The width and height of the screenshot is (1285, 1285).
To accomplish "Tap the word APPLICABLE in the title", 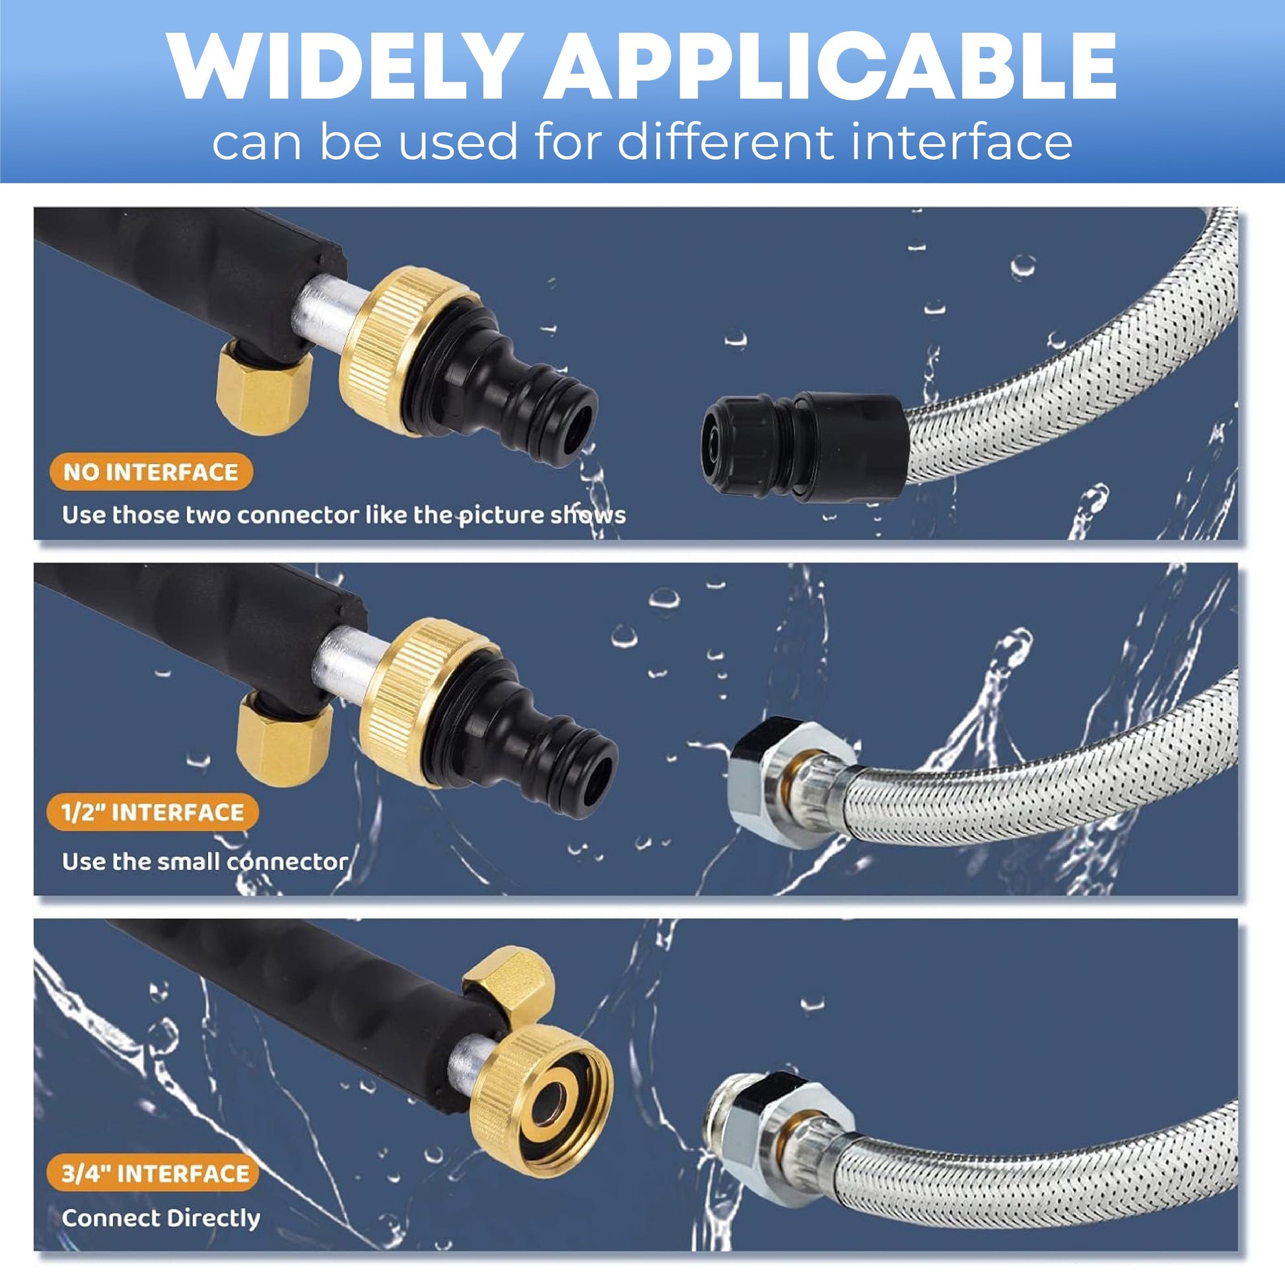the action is click(x=831, y=66).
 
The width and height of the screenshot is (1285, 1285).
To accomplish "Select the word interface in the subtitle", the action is click(x=953, y=142).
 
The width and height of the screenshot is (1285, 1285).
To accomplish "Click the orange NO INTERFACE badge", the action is click(x=151, y=472).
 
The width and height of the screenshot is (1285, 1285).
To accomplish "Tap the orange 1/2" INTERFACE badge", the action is click(x=153, y=812).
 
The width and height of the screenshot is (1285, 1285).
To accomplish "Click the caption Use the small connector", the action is click(x=205, y=861).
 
